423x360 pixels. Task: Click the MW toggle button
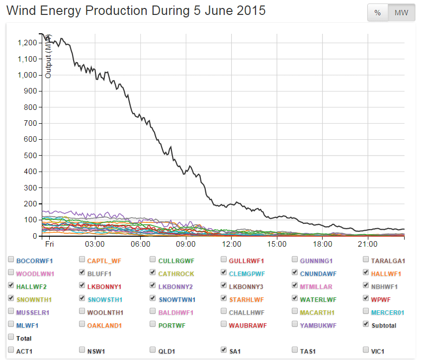401,13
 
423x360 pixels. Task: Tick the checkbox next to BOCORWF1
11,260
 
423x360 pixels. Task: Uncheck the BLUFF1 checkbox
83,272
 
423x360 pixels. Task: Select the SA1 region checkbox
224,350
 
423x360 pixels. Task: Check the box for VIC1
366,350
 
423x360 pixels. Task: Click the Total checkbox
11,337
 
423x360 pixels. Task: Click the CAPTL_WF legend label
104,261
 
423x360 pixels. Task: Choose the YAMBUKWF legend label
318,325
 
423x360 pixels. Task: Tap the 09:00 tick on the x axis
186,245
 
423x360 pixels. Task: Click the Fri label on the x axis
49,245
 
